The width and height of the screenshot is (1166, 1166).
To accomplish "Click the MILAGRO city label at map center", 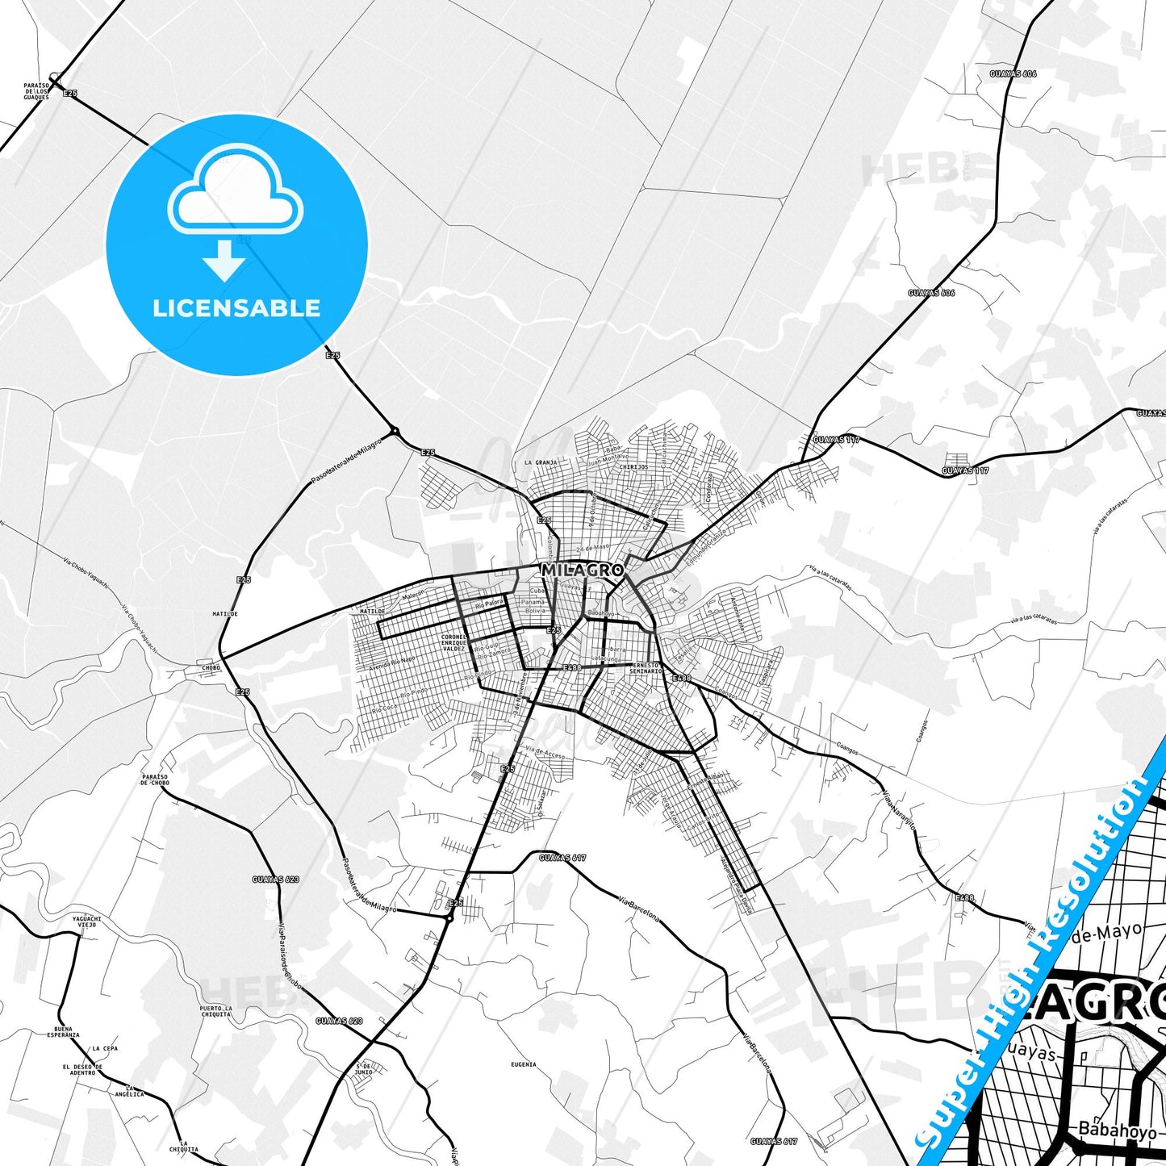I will click(582, 570).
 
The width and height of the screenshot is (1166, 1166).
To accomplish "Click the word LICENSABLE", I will click(236, 308).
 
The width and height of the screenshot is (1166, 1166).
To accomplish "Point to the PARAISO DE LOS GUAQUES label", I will click(36, 90).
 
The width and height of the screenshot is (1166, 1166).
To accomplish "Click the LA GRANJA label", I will click(541, 462).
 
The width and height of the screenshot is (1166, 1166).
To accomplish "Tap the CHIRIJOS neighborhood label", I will click(633, 466).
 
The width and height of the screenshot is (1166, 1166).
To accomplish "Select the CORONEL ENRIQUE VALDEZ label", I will click(453, 642).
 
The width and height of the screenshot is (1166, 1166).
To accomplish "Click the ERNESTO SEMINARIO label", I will click(646, 668).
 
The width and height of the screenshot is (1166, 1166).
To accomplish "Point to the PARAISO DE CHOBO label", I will click(154, 779).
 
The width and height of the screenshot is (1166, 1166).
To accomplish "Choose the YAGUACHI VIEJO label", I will click(86, 922).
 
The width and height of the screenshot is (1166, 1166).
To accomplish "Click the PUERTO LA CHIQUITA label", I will click(215, 1012).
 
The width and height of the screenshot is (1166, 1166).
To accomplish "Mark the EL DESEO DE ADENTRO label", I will click(82, 1070).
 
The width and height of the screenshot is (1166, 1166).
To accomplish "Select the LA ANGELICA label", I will click(129, 1092).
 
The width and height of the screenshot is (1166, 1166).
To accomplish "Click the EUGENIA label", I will click(523, 1064).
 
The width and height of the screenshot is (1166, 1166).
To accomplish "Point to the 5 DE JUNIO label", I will click(364, 1070).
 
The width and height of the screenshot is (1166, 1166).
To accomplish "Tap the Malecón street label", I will click(413, 595).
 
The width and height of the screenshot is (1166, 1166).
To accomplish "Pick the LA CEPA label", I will click(105, 1048).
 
